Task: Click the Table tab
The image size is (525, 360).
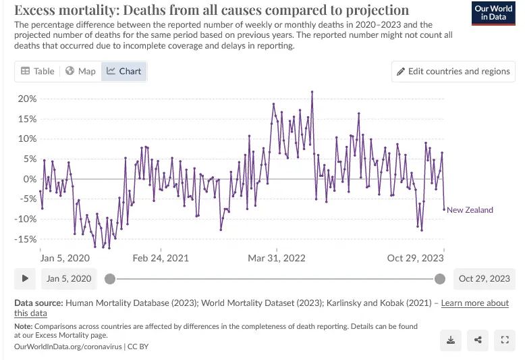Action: tap(37, 71)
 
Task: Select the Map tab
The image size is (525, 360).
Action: tap(80, 71)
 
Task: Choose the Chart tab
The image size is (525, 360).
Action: tap(123, 71)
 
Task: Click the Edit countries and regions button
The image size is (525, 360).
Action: tap(453, 71)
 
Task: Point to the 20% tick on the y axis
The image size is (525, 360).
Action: tap(27, 99)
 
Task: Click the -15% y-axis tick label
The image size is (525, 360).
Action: tap(26, 239)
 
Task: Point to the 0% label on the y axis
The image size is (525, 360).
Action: tap(30, 179)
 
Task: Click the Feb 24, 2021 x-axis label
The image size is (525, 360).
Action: tap(161, 258)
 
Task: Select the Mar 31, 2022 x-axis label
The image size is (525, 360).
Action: tap(277, 258)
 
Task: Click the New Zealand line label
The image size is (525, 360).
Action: tap(470, 210)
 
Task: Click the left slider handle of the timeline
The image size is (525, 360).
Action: tap(110, 278)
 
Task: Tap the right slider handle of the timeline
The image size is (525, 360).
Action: tap(440, 278)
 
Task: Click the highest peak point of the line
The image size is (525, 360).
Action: tap(312, 92)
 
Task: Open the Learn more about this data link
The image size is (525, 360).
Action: tap(475, 303)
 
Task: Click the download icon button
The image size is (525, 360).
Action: tap(450, 340)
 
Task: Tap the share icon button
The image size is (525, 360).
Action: tap(478, 340)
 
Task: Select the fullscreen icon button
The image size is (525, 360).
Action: tap(504, 340)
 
